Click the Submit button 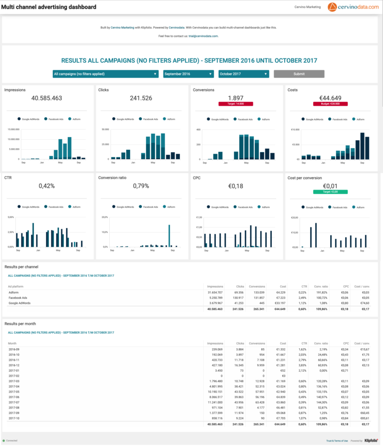click(x=299, y=74)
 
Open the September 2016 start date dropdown click(x=189, y=74)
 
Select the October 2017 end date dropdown click(x=244, y=74)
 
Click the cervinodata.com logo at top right click(x=354, y=7)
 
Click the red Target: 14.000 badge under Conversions click(x=236, y=104)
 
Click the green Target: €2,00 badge click(x=330, y=192)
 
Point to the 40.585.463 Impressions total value click(x=47, y=98)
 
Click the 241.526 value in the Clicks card click(x=141, y=98)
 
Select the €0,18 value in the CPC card click(x=236, y=186)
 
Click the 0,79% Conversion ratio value click(x=141, y=186)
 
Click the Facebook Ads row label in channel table click(x=18, y=298)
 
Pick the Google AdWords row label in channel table click(x=20, y=303)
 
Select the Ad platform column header click(x=16, y=286)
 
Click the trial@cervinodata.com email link click(x=204, y=36)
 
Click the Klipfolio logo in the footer click(x=371, y=441)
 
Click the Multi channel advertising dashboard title click(x=49, y=7)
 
